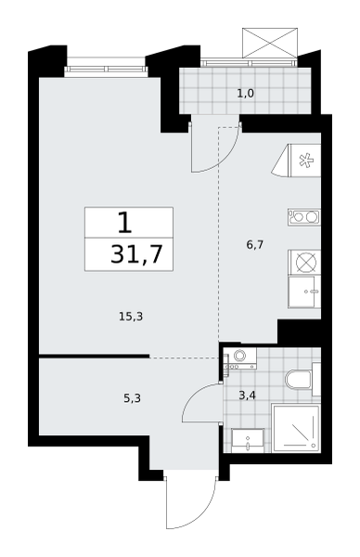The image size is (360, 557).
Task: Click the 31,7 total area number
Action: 136,254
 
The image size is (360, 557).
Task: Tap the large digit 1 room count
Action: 124,223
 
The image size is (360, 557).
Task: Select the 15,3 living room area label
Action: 131,317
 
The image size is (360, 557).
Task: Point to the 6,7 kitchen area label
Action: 254,245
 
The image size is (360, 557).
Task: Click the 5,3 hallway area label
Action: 132,398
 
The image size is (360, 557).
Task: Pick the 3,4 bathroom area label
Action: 247,395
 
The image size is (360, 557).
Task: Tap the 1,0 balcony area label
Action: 246,94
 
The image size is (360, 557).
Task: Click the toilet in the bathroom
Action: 302,380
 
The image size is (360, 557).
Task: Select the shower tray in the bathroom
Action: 296,428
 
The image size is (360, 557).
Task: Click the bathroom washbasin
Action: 248,440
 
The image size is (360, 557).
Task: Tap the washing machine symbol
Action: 240,358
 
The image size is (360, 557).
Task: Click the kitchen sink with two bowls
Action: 304,217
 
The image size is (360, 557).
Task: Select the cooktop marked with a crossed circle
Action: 305,263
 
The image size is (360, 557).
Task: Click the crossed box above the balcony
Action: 270,43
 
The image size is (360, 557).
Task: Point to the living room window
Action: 106,69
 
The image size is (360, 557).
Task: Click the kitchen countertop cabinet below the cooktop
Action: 305,291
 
